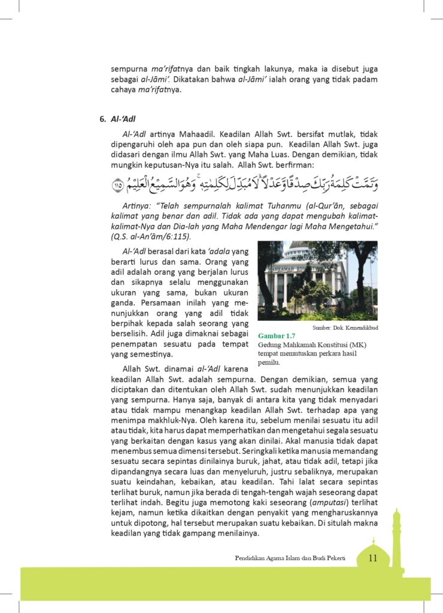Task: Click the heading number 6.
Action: [102, 119]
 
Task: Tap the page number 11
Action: [372, 559]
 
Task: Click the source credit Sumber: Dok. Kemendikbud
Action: [345, 327]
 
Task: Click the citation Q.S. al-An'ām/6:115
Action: [150, 236]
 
